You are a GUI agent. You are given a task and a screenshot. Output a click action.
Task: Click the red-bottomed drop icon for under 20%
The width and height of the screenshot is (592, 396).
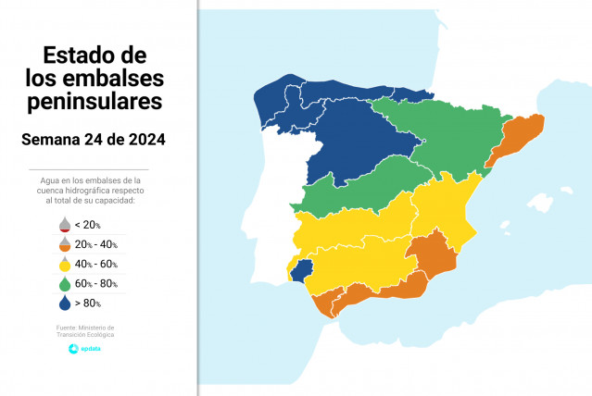click(64, 224)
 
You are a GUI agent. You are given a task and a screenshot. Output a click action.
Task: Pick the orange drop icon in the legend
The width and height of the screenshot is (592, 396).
click(64, 244)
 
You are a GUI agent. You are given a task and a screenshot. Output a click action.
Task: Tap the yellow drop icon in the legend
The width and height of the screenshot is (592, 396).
click(64, 264)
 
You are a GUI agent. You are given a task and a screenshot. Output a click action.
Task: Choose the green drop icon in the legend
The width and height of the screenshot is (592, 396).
click(64, 283)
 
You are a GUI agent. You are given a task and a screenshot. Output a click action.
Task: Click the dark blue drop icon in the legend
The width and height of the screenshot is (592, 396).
click(64, 303)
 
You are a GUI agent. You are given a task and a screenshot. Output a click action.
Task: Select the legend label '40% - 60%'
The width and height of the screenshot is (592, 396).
click(97, 265)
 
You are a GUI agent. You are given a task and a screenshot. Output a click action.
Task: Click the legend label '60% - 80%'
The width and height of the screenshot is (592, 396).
click(97, 284)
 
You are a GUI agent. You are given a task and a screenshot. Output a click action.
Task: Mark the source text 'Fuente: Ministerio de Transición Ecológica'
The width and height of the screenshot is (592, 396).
click(85, 331)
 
